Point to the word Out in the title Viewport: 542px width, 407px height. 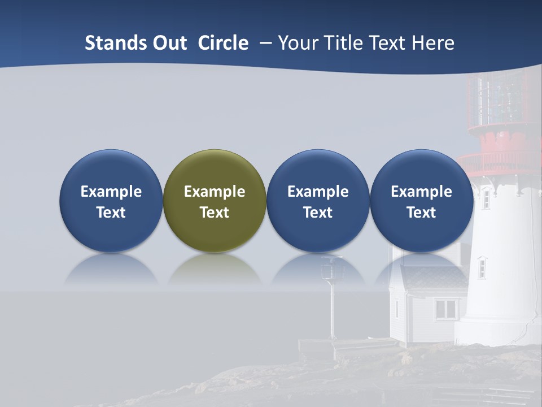click(x=168, y=43)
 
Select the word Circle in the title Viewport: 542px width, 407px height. click(x=223, y=43)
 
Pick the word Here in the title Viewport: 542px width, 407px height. click(x=433, y=43)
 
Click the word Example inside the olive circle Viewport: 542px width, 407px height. click(x=215, y=192)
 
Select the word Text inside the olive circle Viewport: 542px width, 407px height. click(x=215, y=213)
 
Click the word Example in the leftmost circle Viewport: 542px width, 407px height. click(x=111, y=192)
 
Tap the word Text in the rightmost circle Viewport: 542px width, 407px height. click(x=421, y=213)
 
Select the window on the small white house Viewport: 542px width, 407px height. click(x=446, y=309)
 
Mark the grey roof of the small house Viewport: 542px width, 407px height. click(x=435, y=277)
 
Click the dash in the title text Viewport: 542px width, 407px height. click(x=263, y=43)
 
